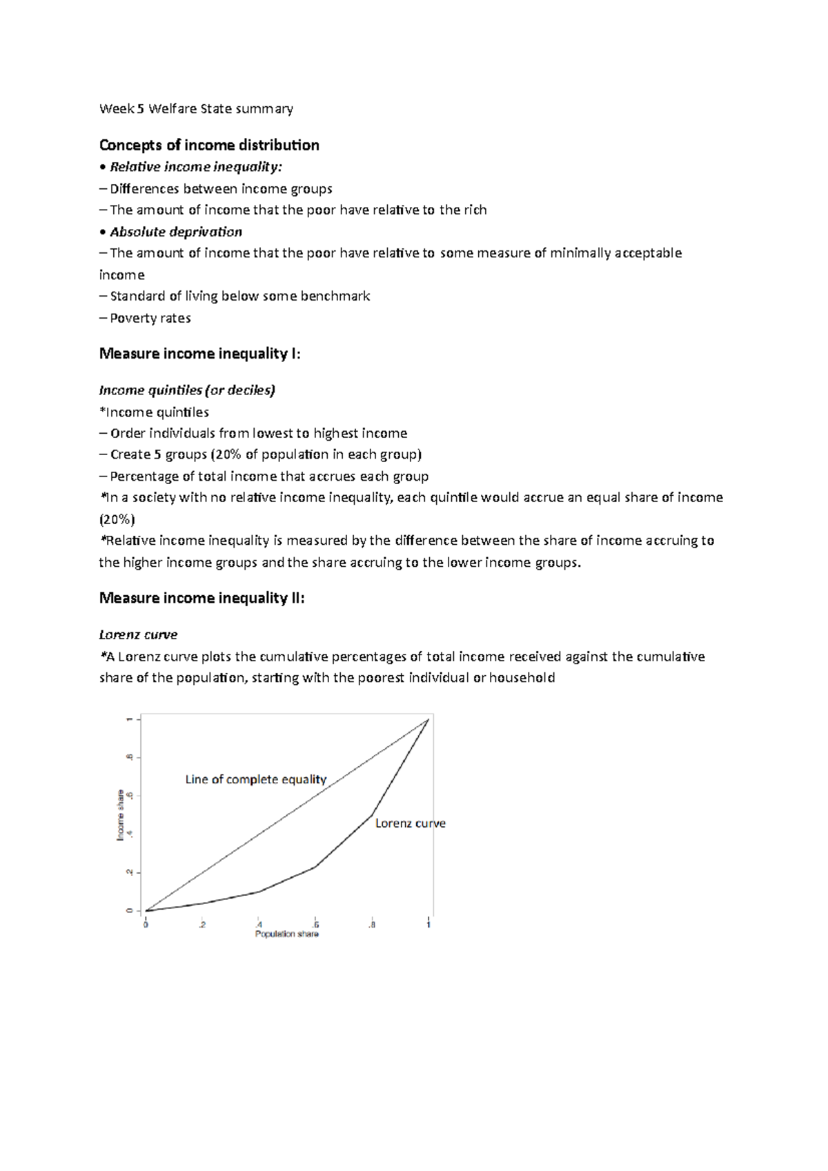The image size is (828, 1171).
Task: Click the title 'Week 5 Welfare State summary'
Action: coord(196,108)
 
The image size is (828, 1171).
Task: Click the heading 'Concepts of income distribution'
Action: coord(209,145)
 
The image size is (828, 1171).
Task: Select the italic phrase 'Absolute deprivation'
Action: coord(176,232)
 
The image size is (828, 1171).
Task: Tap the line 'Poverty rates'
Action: coord(150,318)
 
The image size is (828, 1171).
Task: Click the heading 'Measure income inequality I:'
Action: coord(200,354)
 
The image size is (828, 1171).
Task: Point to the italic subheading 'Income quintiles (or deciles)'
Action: coord(187,390)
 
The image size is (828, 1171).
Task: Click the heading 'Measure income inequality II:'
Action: coord(201,598)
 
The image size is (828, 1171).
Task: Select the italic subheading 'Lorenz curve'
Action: coord(138,634)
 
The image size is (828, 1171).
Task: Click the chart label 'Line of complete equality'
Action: coord(255,779)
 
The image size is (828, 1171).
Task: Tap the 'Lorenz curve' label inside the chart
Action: coord(410,823)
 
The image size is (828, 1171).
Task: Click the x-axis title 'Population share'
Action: coord(287,934)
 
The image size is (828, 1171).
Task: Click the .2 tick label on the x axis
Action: coord(201,925)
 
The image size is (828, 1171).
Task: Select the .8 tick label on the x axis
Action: coord(372,925)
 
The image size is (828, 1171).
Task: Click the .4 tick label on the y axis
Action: coord(129,834)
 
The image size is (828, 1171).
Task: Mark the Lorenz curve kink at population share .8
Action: coord(373,816)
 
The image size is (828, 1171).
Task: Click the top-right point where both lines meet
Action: coord(428,719)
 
